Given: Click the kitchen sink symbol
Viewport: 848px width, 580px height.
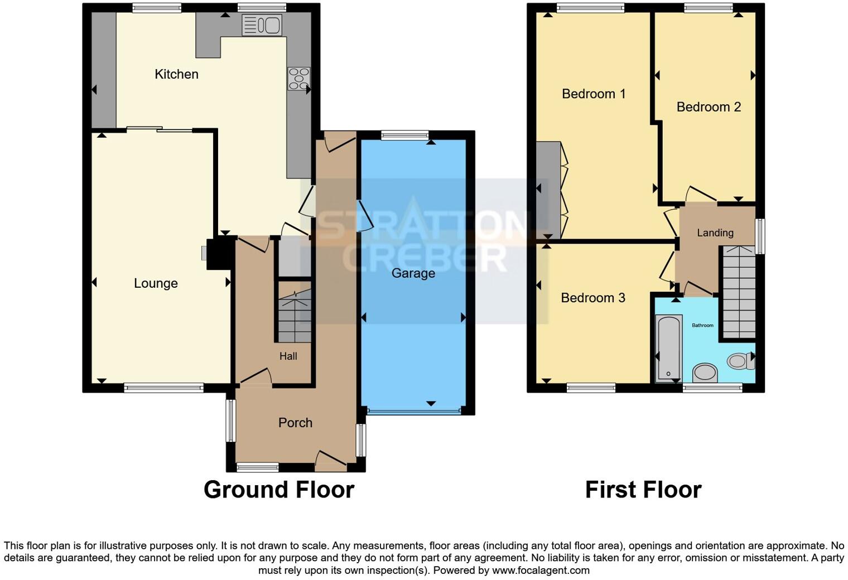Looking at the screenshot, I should pos(262,25).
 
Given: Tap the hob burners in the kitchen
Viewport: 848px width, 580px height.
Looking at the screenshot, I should pos(298,79).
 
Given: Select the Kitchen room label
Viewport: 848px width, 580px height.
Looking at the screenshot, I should pos(176,74).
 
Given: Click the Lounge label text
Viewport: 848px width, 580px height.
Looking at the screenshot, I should pos(156,283).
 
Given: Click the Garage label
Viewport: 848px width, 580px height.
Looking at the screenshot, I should pos(413,273).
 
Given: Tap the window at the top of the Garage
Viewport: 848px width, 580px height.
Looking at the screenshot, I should pos(405,134).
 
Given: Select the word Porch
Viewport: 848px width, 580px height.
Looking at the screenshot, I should pos(295,423).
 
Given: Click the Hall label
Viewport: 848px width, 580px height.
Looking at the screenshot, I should pos(288,356).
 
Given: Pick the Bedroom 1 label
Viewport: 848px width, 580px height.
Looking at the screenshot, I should pos(593,94).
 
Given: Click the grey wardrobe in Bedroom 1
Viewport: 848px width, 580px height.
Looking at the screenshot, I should pos(548,190).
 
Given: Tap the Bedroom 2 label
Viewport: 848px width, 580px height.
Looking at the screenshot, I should pos(709,107).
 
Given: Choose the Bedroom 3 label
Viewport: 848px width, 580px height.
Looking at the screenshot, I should pos(592,298).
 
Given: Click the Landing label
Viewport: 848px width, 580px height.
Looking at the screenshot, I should pos(715,233).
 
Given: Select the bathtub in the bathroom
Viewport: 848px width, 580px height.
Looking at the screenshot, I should pos(668,348).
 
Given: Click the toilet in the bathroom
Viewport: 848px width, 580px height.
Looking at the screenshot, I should pos(740,361).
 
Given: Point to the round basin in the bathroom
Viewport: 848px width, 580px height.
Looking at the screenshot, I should pos(705,372).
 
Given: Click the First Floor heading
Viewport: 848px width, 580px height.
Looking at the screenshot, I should pos(643,490).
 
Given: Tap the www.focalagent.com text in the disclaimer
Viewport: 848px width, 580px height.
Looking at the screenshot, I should pos(541,571).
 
